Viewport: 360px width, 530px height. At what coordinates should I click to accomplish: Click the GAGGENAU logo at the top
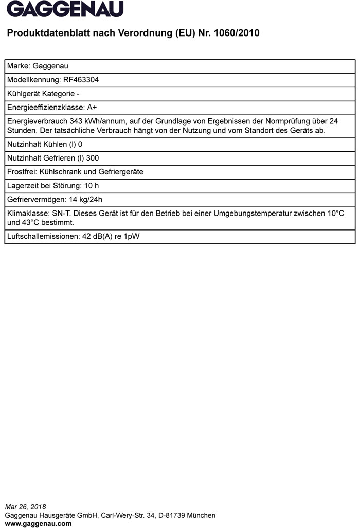pyautogui.click(x=65, y=9)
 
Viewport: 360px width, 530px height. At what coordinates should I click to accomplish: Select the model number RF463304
pyautogui.click(x=81, y=80)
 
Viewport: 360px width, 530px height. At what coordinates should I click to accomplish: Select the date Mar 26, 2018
pyautogui.click(x=25, y=507)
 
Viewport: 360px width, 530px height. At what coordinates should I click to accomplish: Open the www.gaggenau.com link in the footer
pyautogui.click(x=38, y=524)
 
